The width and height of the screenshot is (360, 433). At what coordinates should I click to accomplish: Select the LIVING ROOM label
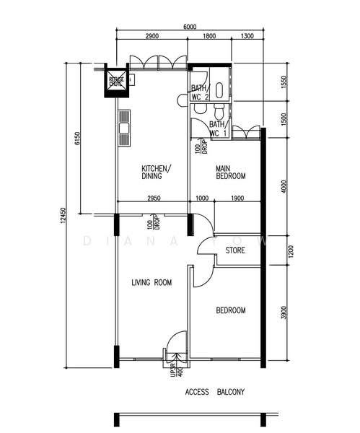pyautogui.click(x=152, y=284)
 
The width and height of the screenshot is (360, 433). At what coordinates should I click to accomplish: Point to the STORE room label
pyautogui.click(x=235, y=251)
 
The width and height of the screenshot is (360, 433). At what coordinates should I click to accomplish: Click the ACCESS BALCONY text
pyautogui.click(x=215, y=393)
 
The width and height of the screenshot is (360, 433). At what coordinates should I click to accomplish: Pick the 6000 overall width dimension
pyautogui.click(x=189, y=27)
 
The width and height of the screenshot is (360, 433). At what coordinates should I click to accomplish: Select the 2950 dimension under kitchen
pyautogui.click(x=153, y=197)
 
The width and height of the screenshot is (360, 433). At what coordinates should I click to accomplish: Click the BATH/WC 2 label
pyautogui.click(x=199, y=93)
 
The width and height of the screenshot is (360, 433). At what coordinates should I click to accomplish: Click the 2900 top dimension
pyautogui.click(x=152, y=36)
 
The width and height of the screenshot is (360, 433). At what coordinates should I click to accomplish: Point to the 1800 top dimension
pyautogui.click(x=209, y=36)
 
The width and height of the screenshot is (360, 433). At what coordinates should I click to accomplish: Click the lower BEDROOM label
pyautogui.click(x=231, y=310)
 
